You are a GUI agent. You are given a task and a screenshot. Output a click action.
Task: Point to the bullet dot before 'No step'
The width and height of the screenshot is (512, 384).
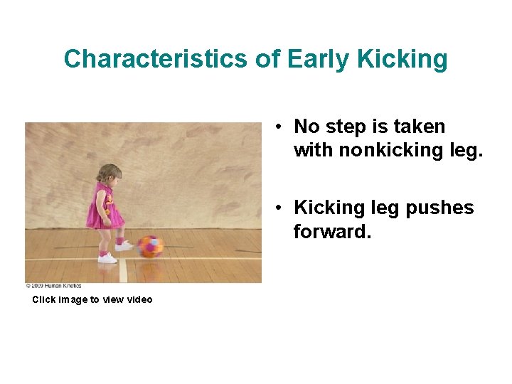point(282,127)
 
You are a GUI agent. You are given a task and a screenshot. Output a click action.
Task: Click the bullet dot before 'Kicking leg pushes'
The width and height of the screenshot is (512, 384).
point(282,208)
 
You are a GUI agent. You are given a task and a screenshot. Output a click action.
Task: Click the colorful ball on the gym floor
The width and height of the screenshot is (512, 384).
point(150,246)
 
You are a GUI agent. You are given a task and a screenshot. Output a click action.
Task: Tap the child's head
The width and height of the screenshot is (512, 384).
point(109,174)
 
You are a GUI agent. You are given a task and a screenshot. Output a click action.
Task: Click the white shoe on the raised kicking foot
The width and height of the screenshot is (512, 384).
point(124,246)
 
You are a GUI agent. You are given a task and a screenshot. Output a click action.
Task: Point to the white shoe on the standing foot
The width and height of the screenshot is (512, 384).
point(107,258)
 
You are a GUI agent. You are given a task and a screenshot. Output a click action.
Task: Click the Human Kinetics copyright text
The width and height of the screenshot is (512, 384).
point(53,286)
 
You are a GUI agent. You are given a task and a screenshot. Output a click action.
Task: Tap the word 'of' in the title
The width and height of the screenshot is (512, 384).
point(268,58)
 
